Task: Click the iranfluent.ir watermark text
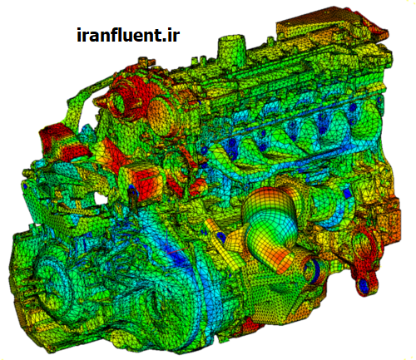(x=128, y=35)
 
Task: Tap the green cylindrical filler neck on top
(x=231, y=47)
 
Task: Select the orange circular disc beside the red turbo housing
(x=162, y=115)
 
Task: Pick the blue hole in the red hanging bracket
(x=364, y=285)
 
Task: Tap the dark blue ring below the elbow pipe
(x=314, y=269)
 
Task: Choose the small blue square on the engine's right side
(x=347, y=194)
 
